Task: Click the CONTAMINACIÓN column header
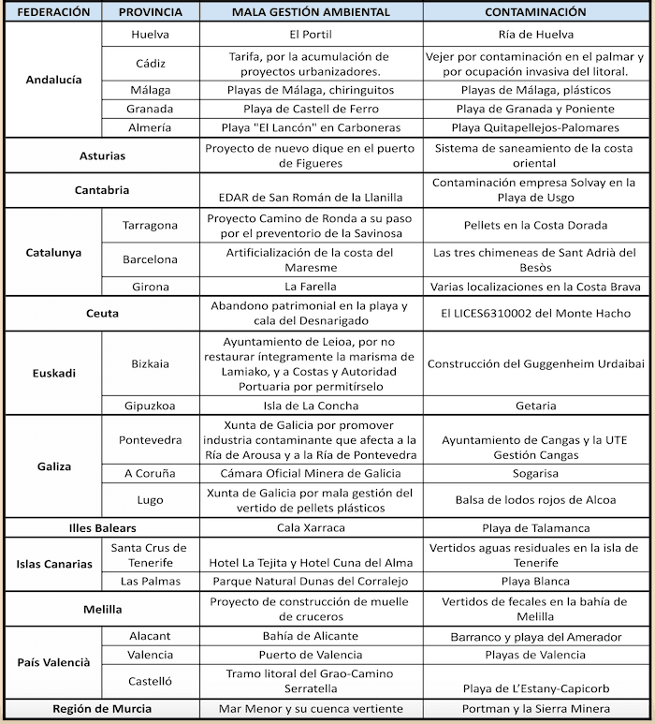pyautogui.click(x=536, y=12)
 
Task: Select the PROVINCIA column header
pyautogui.click(x=150, y=12)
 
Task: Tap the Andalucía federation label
pyautogui.click(x=52, y=80)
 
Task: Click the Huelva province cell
pyautogui.click(x=150, y=34)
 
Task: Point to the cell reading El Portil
pyautogui.click(x=312, y=34)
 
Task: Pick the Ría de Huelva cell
pyautogui.click(x=536, y=34)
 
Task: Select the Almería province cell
pyautogui.click(x=150, y=127)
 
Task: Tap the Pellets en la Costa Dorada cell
pyautogui.click(x=536, y=225)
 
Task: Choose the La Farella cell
pyautogui.click(x=312, y=286)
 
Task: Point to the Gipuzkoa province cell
pyautogui.click(x=150, y=406)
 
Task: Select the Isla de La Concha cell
pyautogui.click(x=312, y=406)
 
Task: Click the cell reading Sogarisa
pyautogui.click(x=536, y=473)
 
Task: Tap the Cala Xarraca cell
pyautogui.click(x=312, y=527)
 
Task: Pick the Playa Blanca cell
pyautogui.click(x=536, y=581)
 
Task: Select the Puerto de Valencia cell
pyautogui.click(x=312, y=655)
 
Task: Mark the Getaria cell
pyautogui.click(x=536, y=406)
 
